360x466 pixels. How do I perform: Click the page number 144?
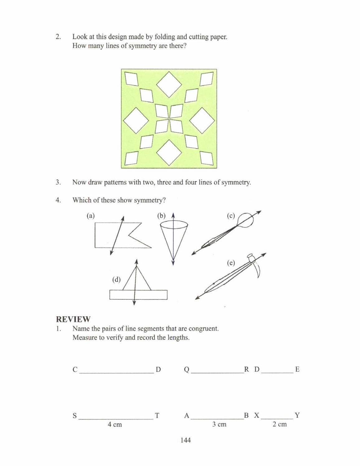185,440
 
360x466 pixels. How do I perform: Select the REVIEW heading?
73,319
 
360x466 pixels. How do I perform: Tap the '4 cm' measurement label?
115,424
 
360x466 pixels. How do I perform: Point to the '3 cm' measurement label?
219,424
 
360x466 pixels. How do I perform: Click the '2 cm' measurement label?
279,424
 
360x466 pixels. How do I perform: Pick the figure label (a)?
91,216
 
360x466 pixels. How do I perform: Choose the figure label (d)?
116,279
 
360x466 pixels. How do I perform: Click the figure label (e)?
231,263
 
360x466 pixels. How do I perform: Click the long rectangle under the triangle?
138,295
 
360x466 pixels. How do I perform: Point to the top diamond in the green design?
169,84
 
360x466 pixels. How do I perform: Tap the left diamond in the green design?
136,121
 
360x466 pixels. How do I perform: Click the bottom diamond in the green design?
169,152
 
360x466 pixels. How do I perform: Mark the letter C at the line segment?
75,369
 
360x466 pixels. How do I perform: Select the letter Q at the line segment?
187,369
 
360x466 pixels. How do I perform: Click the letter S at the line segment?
74,416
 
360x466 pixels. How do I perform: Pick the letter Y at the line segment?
297,415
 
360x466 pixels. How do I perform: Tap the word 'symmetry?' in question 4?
149,200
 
